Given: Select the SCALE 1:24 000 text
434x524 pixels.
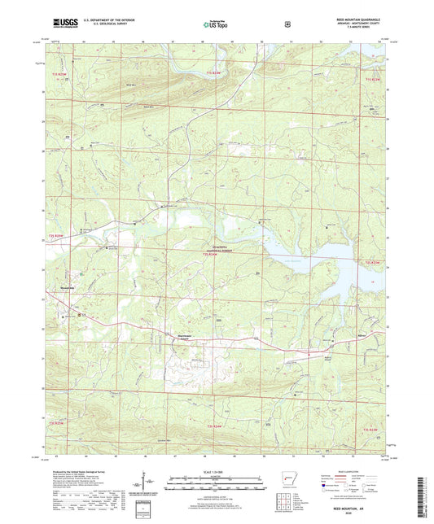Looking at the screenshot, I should click(x=216, y=471).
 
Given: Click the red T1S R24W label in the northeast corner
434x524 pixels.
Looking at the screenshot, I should click(x=372, y=79).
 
